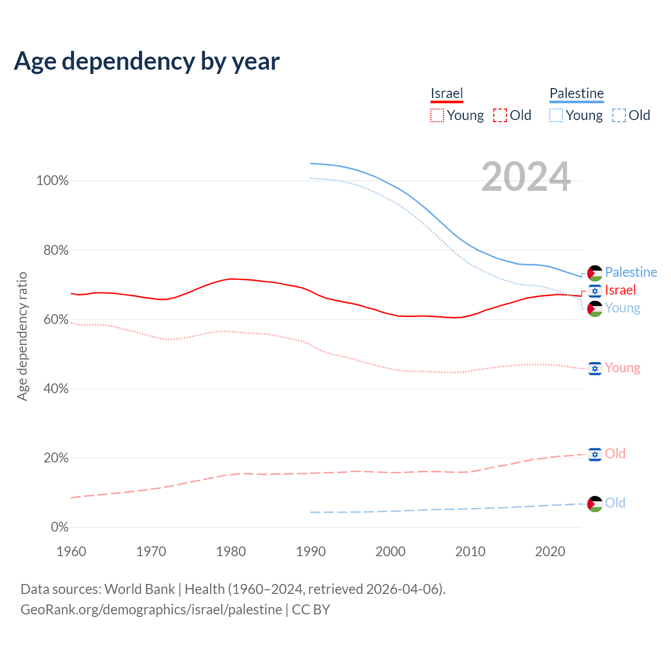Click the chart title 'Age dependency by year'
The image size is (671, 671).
[147, 61]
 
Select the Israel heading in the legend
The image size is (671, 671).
[447, 94]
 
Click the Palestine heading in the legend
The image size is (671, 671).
[577, 94]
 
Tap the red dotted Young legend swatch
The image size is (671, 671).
[437, 115]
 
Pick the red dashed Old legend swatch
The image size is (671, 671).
[500, 115]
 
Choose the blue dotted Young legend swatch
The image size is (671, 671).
[556, 115]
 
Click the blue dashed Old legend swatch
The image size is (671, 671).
[619, 115]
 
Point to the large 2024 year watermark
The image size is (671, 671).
[526, 177]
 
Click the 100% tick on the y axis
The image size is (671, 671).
[52, 181]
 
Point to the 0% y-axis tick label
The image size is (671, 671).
[59, 527]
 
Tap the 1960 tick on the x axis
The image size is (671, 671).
[71, 551]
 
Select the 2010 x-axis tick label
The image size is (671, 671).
[470, 551]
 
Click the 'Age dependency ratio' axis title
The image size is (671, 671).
[22, 336]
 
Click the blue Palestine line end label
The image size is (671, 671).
[631, 272]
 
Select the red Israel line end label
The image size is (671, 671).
[620, 290]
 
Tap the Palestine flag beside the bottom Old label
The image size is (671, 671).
[595, 504]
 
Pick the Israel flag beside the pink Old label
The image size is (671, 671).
[595, 454]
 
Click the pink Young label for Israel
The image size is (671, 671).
[622, 367]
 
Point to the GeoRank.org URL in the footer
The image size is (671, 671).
[151, 610]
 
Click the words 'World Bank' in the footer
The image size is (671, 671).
[139, 589]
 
